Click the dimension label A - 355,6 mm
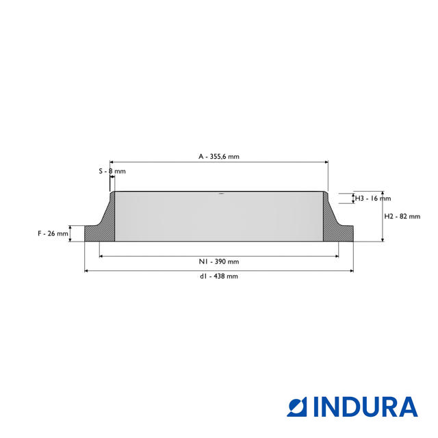tap(219, 157)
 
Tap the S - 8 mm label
tap(112, 171)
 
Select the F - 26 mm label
tap(53, 233)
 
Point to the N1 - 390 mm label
tap(219, 261)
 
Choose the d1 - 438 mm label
tap(219, 276)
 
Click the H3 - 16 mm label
tap(373, 198)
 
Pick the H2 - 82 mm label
tap(402, 216)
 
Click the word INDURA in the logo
tap(365, 407)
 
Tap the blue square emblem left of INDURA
tap(297, 407)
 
